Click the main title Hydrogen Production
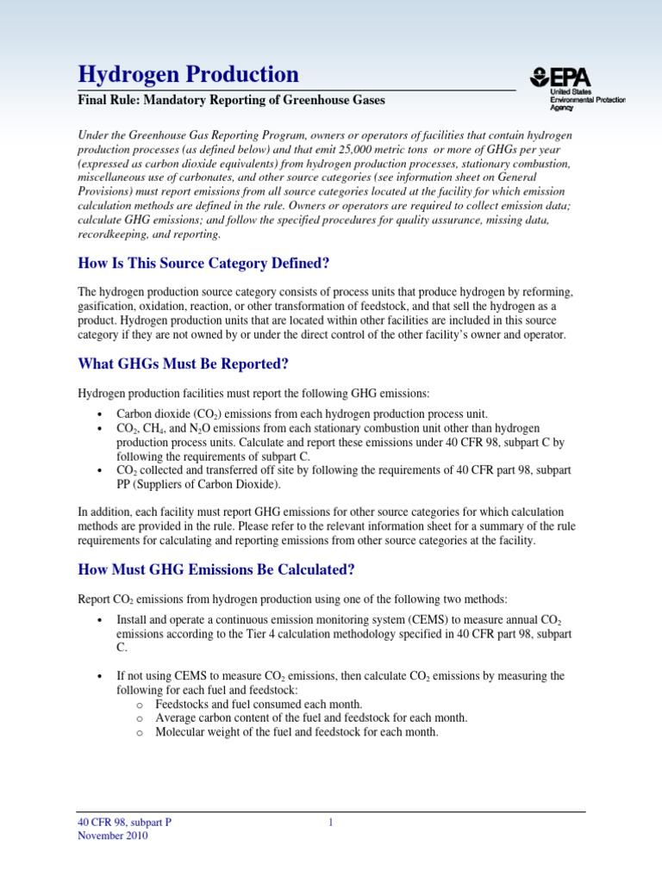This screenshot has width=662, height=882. click(188, 74)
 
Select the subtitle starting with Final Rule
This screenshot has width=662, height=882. click(232, 101)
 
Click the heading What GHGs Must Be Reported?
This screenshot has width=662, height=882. click(183, 364)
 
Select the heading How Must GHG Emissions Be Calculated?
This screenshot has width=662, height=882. click(216, 569)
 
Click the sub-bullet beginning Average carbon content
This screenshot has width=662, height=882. click(311, 717)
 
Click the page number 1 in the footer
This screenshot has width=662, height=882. click(330, 823)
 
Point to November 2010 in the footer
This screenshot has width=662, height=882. click(113, 836)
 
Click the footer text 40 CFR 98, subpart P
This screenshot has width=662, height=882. click(124, 823)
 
